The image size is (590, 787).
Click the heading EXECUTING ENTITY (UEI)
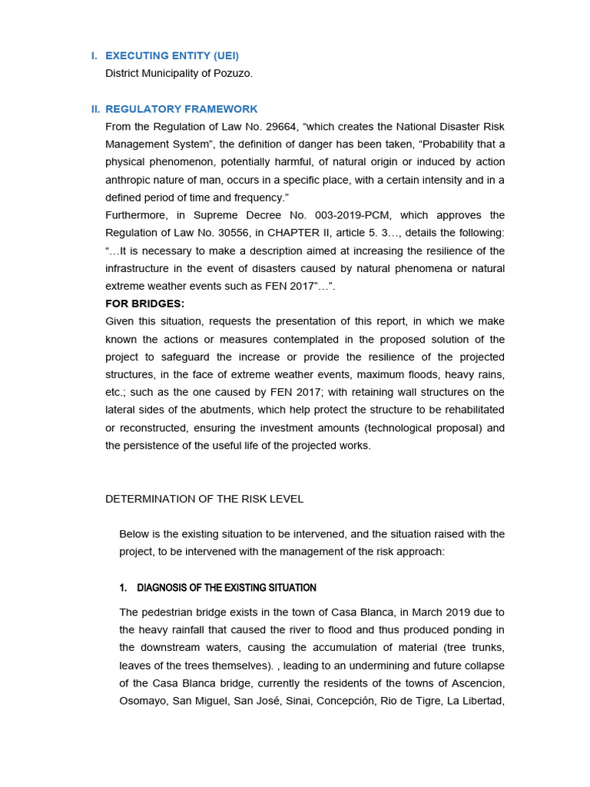click(172, 55)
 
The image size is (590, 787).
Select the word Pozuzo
click(234, 73)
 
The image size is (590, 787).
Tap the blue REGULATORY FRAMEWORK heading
click(181, 109)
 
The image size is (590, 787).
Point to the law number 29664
click(285, 127)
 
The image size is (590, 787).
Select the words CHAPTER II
click(311, 233)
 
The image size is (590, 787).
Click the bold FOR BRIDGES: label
click(144, 304)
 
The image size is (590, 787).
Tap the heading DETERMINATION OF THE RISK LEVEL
click(204, 499)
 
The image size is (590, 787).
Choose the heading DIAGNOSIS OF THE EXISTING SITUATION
click(226, 588)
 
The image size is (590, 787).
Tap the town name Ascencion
click(477, 683)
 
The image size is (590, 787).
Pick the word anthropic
click(129, 180)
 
